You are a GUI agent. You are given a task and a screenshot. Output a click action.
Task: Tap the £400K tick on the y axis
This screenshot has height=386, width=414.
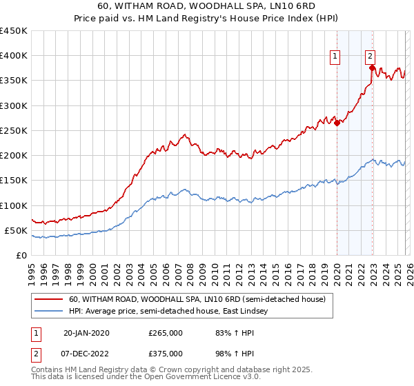(x=13, y=56)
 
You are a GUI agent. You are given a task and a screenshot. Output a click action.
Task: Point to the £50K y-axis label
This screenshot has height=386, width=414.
(x=16, y=230)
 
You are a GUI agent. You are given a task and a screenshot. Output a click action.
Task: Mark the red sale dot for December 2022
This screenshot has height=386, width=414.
(x=372, y=68)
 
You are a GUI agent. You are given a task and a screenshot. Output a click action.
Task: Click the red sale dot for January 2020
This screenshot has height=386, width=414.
(x=337, y=123)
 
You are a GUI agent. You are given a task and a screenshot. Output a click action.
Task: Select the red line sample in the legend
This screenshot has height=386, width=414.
(x=49, y=299)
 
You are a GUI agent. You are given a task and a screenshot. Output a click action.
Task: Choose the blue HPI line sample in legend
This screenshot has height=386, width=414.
(x=49, y=311)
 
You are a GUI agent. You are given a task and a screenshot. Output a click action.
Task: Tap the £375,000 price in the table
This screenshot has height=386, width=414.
(x=166, y=354)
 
